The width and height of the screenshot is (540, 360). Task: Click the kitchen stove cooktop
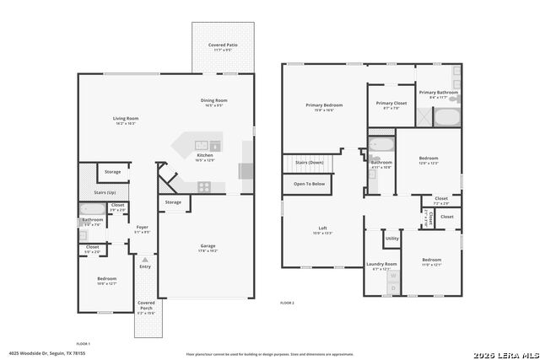(203, 187)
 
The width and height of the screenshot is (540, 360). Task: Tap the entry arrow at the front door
(145, 261)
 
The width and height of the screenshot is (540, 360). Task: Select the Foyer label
(143, 227)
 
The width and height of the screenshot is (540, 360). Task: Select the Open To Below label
(309, 184)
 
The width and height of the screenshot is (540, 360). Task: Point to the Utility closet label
(392, 239)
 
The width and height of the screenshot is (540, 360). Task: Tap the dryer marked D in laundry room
(392, 287)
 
